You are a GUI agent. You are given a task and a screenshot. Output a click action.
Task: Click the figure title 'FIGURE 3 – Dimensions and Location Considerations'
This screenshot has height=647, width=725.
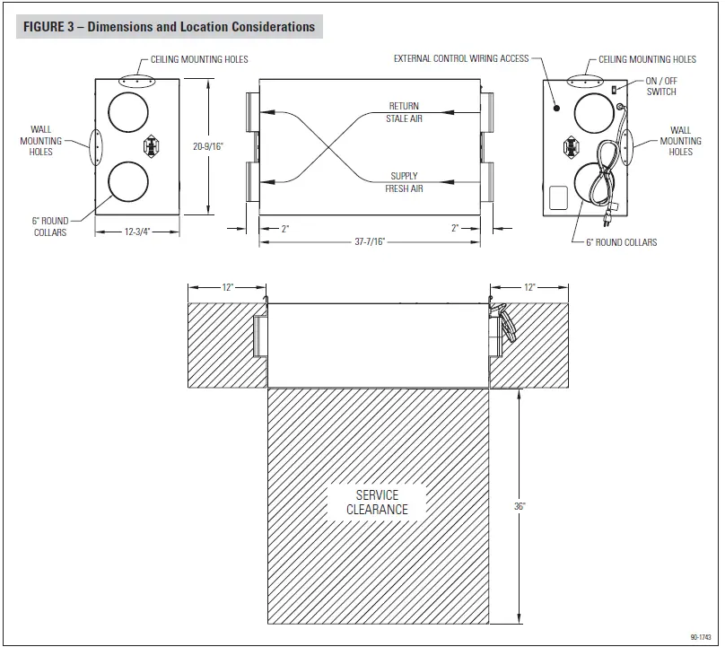[169, 27]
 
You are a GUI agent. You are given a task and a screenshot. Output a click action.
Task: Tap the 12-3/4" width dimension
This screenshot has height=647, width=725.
[136, 231]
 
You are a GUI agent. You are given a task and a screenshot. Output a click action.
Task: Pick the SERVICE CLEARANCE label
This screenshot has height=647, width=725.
[377, 503]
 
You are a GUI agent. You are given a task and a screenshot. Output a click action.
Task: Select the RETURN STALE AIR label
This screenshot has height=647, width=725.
[405, 112]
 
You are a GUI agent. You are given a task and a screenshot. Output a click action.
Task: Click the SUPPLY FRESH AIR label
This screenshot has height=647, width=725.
[406, 182]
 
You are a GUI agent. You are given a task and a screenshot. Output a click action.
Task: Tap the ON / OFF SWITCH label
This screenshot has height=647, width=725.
[661, 86]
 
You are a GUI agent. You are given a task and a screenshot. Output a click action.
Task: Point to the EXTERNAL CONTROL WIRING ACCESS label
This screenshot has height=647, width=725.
[461, 59]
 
